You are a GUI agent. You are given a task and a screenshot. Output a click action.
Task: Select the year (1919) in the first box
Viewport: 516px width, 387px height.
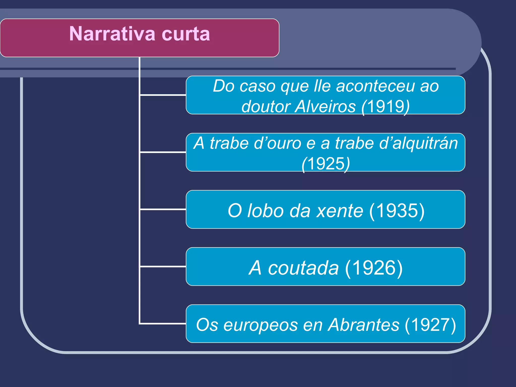click(x=385, y=106)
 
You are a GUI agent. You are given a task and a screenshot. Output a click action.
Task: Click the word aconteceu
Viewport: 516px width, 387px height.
click(x=375, y=86)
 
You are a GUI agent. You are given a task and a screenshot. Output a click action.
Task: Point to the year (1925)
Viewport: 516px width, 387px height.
click(x=326, y=164)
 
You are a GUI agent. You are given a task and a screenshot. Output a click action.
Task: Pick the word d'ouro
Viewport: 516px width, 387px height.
click(x=277, y=143)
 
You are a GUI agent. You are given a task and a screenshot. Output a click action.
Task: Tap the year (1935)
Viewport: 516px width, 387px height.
click(x=397, y=211)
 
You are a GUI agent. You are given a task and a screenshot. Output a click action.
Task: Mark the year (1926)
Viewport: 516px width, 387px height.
click(x=374, y=268)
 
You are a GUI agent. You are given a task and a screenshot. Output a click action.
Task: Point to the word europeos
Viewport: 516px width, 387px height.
click(x=261, y=325)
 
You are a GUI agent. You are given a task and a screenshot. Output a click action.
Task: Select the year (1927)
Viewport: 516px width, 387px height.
click(x=430, y=325)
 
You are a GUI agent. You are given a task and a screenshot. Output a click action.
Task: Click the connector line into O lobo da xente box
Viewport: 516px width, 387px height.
click(x=163, y=209)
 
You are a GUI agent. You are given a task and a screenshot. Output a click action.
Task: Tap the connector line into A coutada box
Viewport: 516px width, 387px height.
click(x=163, y=266)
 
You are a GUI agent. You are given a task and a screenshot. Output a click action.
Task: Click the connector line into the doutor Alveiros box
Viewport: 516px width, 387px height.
click(x=163, y=95)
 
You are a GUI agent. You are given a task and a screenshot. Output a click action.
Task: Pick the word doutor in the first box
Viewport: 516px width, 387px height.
click(x=266, y=106)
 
